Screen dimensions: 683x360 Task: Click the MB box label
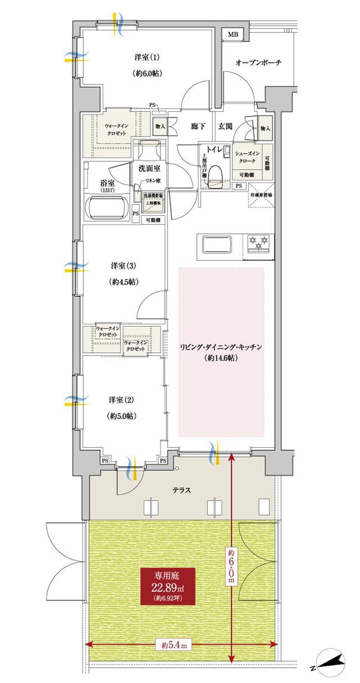pos(233,35)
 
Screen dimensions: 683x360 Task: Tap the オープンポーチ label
pos(258,62)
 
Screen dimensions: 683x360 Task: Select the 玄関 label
pos(226,126)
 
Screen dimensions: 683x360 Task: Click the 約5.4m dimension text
pos(173,645)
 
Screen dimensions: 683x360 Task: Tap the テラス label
pos(181,490)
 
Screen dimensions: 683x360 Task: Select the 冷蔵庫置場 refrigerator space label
pos(262,195)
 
